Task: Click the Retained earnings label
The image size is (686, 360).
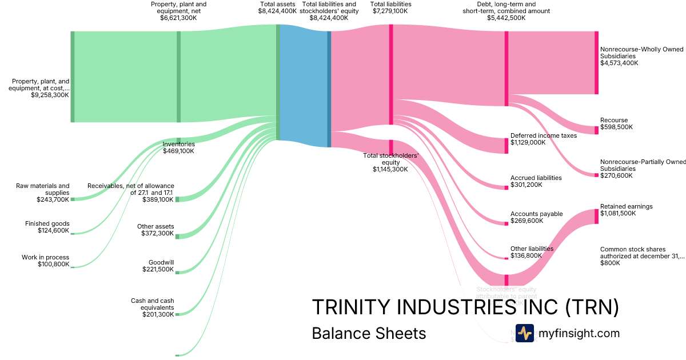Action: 626,210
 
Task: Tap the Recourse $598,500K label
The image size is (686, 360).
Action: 616,124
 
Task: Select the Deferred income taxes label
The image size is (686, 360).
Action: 543,139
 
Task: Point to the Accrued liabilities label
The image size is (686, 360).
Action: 536,181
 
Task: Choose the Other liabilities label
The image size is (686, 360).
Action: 532,252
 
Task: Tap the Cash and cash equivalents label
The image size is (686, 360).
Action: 152,307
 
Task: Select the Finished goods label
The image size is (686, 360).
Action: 47,227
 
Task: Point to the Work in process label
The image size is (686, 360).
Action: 46,261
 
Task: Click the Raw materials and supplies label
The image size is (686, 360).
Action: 43,193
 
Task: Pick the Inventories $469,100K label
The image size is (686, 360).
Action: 178,147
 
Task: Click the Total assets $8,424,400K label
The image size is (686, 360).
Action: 277,7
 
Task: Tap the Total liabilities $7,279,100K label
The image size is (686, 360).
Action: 390,7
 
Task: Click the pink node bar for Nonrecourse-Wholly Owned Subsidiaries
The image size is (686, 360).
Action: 596,62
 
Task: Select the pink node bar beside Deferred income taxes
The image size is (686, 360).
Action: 506,146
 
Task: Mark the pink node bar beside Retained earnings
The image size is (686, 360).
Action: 596,216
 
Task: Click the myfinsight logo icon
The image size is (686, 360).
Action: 524,333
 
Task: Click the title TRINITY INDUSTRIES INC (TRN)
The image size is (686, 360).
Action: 465,307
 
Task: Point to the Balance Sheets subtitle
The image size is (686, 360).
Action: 369,333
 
